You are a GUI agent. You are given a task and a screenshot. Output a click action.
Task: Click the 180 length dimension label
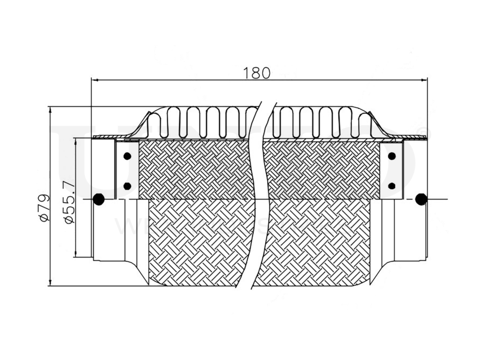(256, 72)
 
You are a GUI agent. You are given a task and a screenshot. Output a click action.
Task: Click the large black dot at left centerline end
(99, 199)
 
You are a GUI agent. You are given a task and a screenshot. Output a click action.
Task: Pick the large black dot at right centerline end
(421, 199)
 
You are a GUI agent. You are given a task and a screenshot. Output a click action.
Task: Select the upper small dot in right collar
(392, 156)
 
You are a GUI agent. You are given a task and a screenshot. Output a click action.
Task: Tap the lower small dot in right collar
(392, 185)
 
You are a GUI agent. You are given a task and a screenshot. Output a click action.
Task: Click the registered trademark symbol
(425, 130)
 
